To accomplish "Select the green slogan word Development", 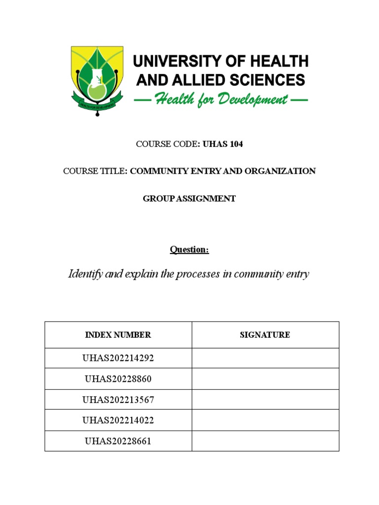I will pos(250,100).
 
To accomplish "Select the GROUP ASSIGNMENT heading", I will pos(189,199).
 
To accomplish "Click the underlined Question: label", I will pos(189,250).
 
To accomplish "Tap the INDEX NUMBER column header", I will pos(118,335).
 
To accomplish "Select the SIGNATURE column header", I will pos(265,335).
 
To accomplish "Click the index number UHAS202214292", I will pos(118,358).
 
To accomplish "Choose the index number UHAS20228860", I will pos(118,379).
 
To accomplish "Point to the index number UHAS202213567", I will pos(118,399).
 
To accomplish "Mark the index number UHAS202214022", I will pos(118,420).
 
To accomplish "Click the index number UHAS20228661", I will pos(118,441).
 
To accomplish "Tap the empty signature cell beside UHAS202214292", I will pos(265,358).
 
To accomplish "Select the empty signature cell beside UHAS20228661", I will pos(265,441).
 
